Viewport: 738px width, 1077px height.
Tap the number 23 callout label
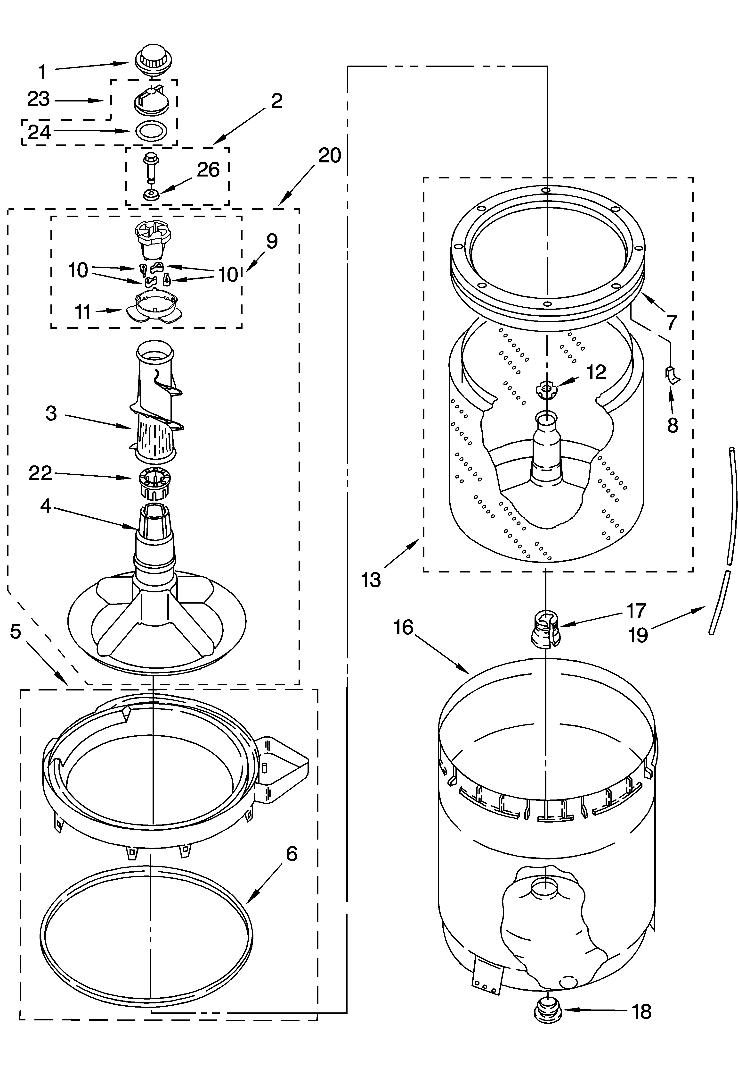(x=38, y=99)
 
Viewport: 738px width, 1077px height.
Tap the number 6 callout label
(x=291, y=853)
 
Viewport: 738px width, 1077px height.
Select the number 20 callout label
(x=329, y=155)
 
